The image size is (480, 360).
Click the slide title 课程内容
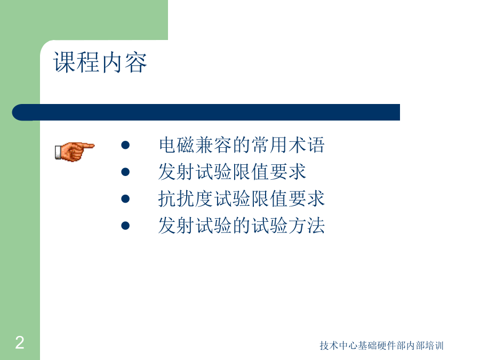100,62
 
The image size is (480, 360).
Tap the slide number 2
20,342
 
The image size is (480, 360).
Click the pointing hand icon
74,151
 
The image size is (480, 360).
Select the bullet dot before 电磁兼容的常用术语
125,145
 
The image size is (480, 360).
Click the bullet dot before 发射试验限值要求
125,172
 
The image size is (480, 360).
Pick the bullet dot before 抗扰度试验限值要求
125,199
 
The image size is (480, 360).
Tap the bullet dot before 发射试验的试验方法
125,226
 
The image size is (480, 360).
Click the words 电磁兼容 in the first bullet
195,145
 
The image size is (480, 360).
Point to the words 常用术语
288,145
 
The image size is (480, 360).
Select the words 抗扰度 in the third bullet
186,199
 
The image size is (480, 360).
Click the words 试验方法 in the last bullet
288,226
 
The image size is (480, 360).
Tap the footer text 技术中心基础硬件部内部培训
381,346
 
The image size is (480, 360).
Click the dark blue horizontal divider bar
206,113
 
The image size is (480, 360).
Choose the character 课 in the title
65,62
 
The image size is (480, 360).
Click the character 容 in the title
136,62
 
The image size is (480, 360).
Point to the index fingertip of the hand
93,146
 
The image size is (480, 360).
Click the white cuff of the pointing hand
58,153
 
